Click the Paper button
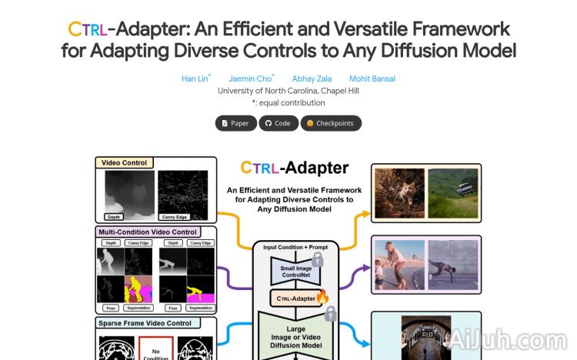235,123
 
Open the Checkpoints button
330,123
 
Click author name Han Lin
194,78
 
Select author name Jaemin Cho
249,78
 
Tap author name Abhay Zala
309,78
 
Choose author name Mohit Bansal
372,78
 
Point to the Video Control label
125,162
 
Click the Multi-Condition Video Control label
148,232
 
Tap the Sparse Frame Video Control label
145,323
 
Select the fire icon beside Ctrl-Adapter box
322,296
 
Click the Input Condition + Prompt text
295,247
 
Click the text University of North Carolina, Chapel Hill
288,91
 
